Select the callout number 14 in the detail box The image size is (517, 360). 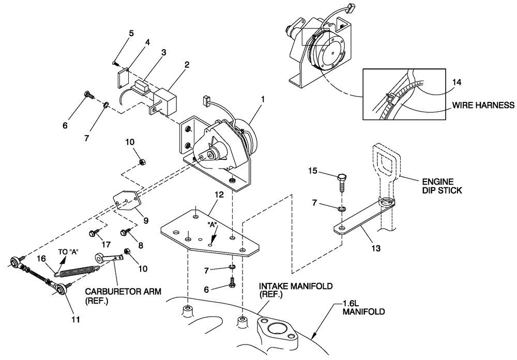457,82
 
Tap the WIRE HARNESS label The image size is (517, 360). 483,105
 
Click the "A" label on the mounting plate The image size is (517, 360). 211,227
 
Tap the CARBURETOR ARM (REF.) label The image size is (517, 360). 123,295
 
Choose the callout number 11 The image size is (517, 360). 75,320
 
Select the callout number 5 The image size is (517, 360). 131,34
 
